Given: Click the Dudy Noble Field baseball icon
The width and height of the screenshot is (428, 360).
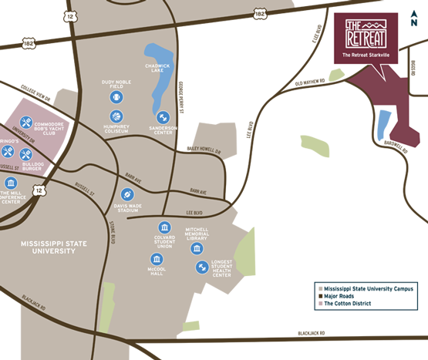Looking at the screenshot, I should pyautogui.click(x=116, y=98).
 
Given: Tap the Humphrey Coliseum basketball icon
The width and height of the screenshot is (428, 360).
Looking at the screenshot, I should pyautogui.click(x=116, y=116).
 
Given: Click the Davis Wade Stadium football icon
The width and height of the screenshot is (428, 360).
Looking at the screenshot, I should pyautogui.click(x=128, y=194).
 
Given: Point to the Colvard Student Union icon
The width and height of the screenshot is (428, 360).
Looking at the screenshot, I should pyautogui.click(x=163, y=227).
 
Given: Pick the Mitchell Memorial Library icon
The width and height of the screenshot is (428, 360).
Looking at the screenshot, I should pyautogui.click(x=197, y=248).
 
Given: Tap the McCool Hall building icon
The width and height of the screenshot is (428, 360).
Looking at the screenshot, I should pyautogui.click(x=157, y=259).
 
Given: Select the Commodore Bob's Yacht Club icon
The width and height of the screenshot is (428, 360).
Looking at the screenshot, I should pyautogui.click(x=25, y=123).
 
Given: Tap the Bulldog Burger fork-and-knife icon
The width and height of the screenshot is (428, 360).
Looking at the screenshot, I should pyautogui.click(x=25, y=154).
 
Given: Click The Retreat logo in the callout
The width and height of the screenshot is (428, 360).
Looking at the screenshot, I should pyautogui.click(x=365, y=32).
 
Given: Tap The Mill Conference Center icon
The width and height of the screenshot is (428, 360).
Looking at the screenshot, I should pyautogui.click(x=11, y=183).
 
